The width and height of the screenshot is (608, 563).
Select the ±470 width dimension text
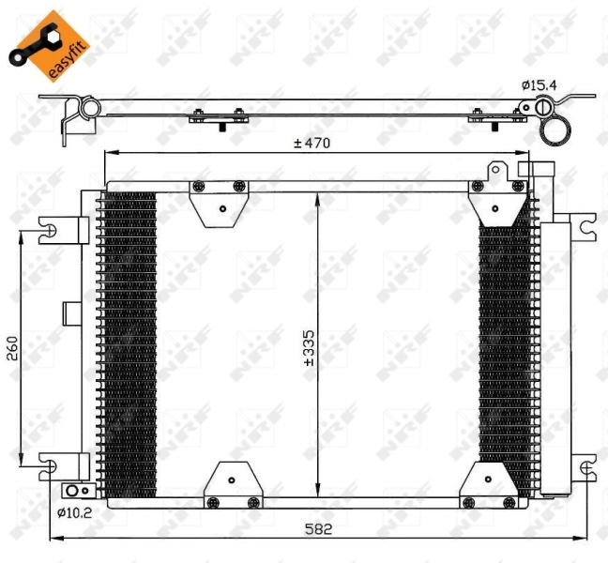tap(312, 144)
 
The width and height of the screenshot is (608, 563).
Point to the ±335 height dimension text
tap(308, 346)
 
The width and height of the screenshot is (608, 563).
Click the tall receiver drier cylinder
tap(555, 357)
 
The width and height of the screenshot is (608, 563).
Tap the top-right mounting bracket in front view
tap(496, 195)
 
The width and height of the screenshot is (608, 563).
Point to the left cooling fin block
tap(129, 342)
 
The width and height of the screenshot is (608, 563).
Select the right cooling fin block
tap(504, 342)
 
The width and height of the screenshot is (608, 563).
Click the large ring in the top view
tap(556, 130)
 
